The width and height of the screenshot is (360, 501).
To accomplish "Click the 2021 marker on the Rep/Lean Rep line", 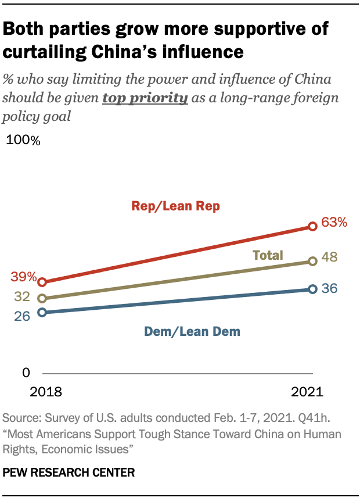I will (312, 226).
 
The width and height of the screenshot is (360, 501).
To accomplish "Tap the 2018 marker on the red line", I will (42, 282).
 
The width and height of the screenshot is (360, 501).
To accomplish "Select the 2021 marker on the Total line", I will (312, 261).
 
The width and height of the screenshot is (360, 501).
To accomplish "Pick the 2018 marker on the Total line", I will (42, 298).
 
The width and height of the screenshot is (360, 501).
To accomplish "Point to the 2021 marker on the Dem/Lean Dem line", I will (312, 289).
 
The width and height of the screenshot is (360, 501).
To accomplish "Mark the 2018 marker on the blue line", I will (42, 312).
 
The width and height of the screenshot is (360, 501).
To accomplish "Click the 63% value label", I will (334, 222).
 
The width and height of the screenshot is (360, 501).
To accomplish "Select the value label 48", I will (330, 257).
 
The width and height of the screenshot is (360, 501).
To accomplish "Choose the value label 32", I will (23, 297).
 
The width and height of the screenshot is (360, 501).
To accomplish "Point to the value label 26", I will (23, 318).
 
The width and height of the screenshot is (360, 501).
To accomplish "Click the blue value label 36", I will (330, 288).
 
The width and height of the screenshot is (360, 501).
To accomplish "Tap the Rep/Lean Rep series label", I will (175, 206).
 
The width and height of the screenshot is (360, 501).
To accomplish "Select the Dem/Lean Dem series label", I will (192, 332).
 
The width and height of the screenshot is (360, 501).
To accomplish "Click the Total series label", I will (267, 255).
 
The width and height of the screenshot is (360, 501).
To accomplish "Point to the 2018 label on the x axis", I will (46, 392).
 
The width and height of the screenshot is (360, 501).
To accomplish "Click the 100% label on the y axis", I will (23, 141).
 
